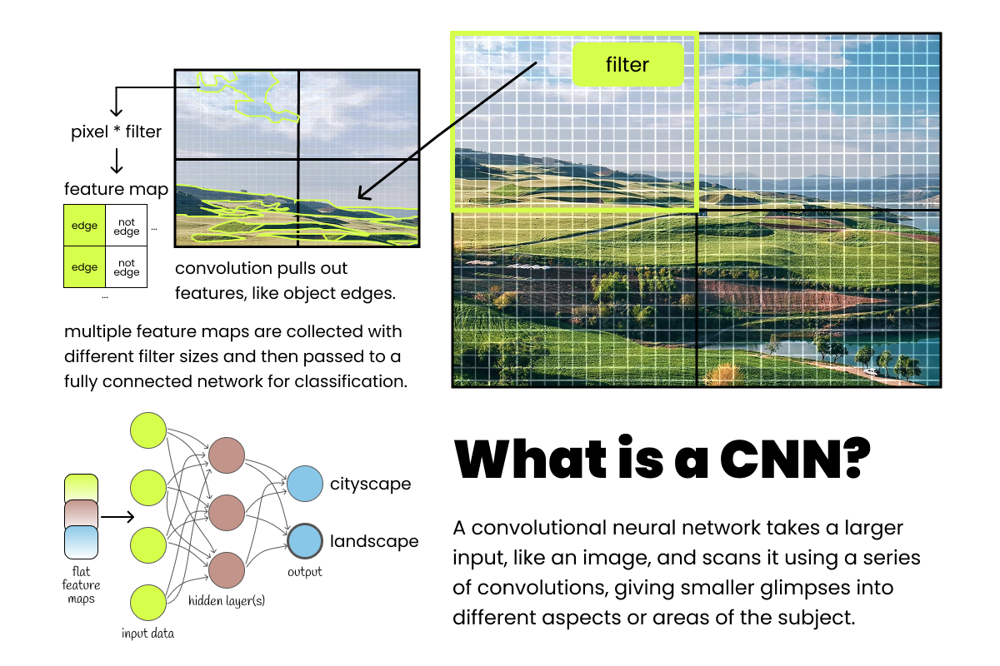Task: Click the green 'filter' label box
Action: tap(627, 64)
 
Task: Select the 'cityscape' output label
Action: tap(370, 485)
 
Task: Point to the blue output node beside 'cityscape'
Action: tap(305, 484)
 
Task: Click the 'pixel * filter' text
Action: tap(117, 131)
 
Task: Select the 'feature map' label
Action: tap(116, 190)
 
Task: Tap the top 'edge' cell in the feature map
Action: tap(84, 226)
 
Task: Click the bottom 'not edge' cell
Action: tap(127, 267)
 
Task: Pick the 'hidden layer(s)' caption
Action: tap(227, 599)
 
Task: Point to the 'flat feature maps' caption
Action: tap(81, 586)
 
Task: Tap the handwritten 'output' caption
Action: tap(305, 572)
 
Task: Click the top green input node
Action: tap(149, 430)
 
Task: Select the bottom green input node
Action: tap(149, 604)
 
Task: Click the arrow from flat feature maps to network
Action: tap(117, 517)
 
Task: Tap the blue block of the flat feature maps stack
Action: tap(81, 542)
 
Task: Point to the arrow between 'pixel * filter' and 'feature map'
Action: tap(117, 160)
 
